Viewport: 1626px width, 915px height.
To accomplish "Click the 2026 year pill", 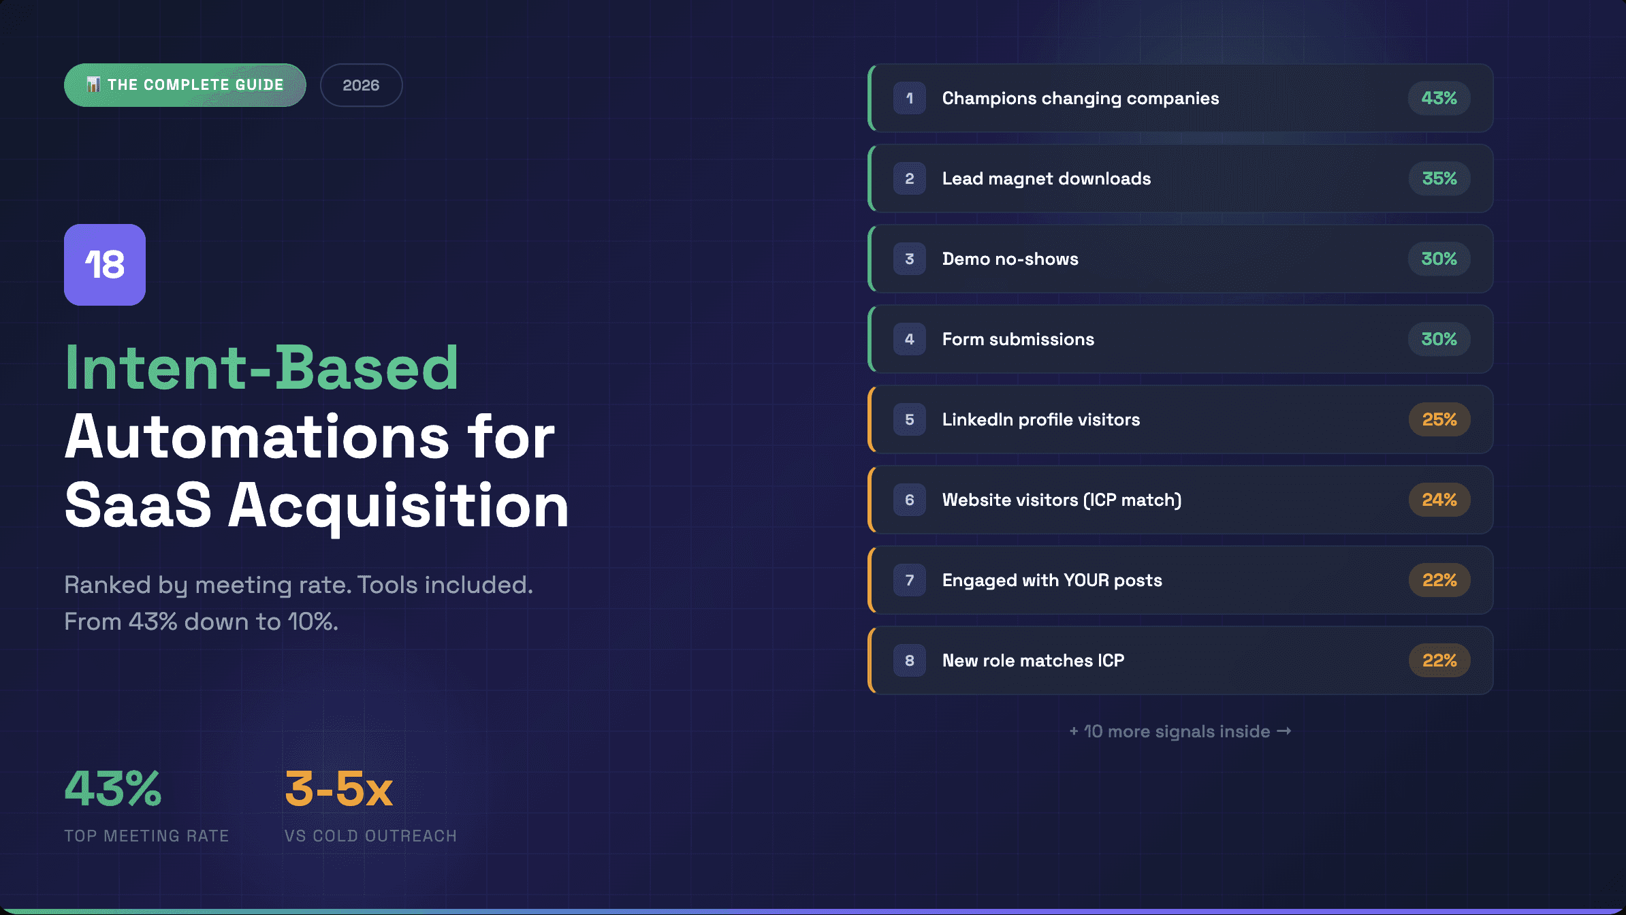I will tap(361, 85).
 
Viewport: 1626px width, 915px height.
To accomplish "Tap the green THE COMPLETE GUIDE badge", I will tap(185, 85).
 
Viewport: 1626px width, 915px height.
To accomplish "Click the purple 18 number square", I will tap(105, 265).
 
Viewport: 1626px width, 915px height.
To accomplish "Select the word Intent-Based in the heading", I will tap(261, 368).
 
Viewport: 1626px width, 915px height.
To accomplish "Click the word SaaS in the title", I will tap(138, 505).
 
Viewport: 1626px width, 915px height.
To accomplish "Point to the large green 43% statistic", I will tap(113, 789).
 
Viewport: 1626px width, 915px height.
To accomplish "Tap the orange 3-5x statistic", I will tap(338, 789).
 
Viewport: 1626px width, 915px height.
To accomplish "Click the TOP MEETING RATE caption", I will tap(146, 836).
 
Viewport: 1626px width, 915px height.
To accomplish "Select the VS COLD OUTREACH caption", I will tap(370, 836).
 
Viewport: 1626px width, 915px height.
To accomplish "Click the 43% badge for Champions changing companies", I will tap(1439, 98).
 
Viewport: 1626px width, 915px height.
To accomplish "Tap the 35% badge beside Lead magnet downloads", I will tap(1439, 178).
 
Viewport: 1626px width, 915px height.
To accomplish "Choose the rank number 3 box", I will tap(909, 259).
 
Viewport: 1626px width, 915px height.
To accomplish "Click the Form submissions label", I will tap(1018, 339).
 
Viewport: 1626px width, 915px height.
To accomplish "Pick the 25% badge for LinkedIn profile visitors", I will tap(1439, 419).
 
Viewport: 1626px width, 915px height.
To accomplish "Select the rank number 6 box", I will tap(909, 500).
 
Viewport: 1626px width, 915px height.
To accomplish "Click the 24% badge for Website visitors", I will tap(1439, 500).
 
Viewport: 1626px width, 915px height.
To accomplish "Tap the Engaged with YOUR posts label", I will tap(1052, 580).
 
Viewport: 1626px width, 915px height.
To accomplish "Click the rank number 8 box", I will tap(909, 660).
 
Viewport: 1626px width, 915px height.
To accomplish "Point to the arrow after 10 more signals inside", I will tap(1284, 731).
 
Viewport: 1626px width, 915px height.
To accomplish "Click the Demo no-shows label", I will tap(1010, 259).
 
